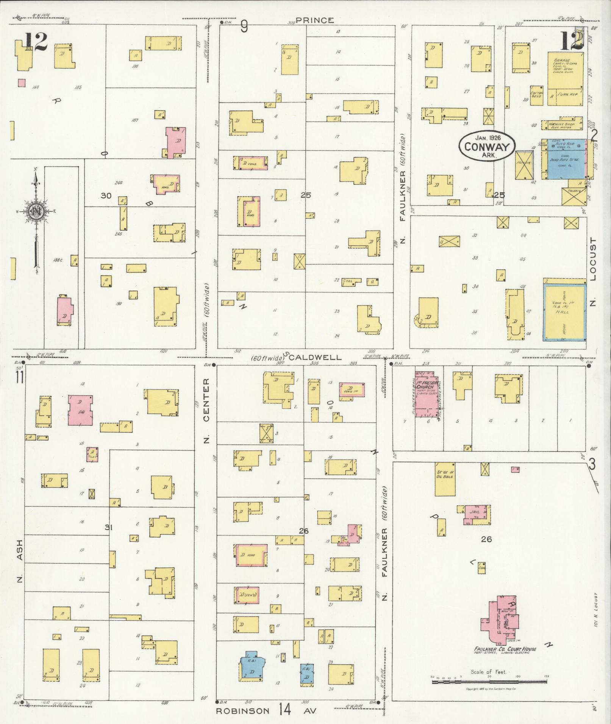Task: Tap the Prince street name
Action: (x=315, y=20)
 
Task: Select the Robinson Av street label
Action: (x=242, y=710)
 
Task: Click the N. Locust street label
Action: (x=593, y=272)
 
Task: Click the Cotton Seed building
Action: (x=537, y=94)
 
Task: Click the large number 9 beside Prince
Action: (x=244, y=26)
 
